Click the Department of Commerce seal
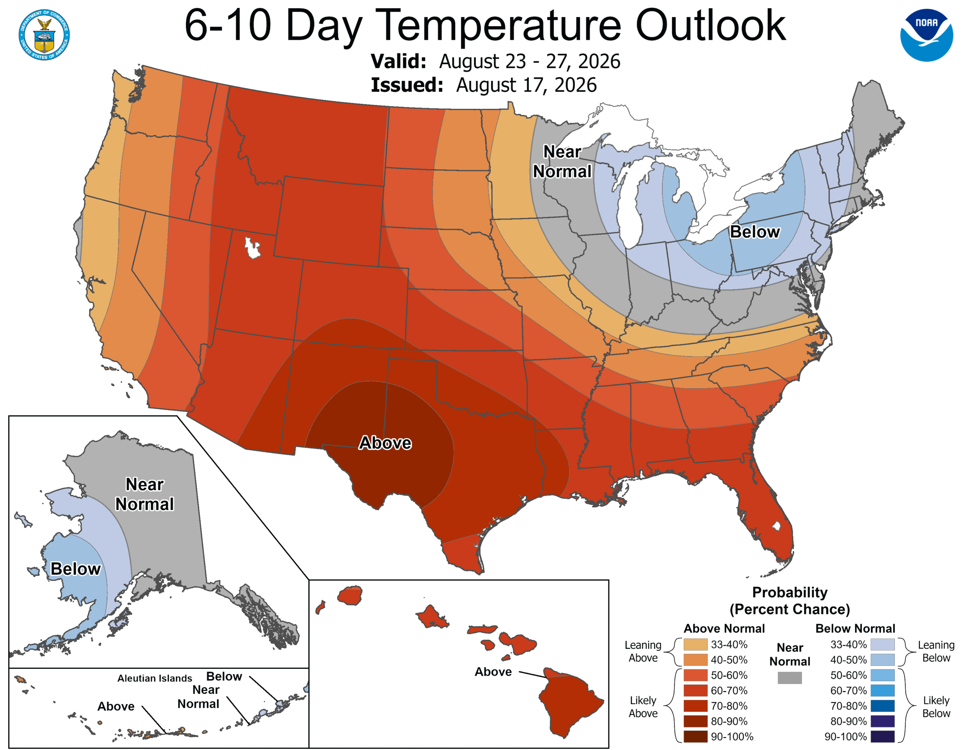pyautogui.click(x=44, y=35)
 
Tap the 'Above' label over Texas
pyautogui.click(x=385, y=443)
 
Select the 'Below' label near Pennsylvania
pyautogui.click(x=755, y=232)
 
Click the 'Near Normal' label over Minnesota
pyautogui.click(x=562, y=162)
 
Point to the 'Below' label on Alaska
pyautogui.click(x=75, y=569)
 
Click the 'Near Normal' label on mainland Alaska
pyautogui.click(x=145, y=494)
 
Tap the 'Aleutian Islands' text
pyautogui.click(x=155, y=678)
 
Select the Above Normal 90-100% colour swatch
pyautogui.click(x=696, y=737)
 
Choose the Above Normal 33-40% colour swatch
pyautogui.click(x=696, y=644)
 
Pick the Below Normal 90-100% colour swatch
pyautogui.click(x=883, y=737)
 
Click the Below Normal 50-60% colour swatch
pyautogui.click(x=883, y=675)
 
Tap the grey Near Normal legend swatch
pyautogui.click(x=790, y=678)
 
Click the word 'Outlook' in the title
pyautogui.click(x=711, y=26)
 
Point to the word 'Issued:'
pyautogui.click(x=407, y=85)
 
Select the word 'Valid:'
pyautogui.click(x=399, y=61)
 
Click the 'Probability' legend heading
pyautogui.click(x=790, y=592)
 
